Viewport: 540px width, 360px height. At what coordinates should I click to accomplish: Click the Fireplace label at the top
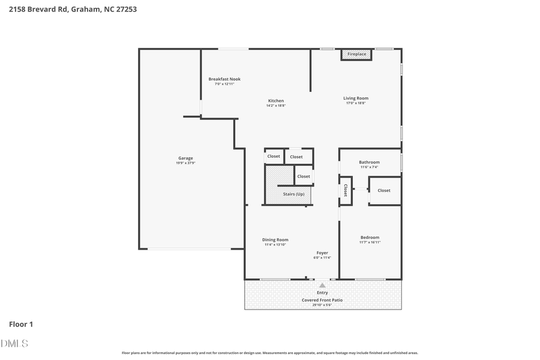(x=356, y=55)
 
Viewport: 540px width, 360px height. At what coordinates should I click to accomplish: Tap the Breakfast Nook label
(x=224, y=79)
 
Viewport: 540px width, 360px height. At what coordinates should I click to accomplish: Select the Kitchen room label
(x=276, y=101)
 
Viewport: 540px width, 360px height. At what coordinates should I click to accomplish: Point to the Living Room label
(x=356, y=98)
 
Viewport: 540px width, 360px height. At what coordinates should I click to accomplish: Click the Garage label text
(x=185, y=158)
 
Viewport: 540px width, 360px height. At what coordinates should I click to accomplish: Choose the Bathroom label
(x=369, y=162)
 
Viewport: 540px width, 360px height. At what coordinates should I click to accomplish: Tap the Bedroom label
(x=370, y=238)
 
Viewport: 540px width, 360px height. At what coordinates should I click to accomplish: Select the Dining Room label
(x=275, y=240)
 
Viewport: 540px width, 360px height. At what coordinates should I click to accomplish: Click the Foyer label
(x=322, y=253)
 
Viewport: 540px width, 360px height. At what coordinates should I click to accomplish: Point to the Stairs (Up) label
(x=293, y=194)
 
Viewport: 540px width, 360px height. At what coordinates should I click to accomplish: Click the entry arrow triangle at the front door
(x=322, y=286)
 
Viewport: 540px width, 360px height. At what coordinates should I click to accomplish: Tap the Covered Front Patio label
(x=322, y=299)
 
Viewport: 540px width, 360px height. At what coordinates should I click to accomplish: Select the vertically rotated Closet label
(x=346, y=190)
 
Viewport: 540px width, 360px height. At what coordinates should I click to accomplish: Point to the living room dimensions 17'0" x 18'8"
(x=356, y=103)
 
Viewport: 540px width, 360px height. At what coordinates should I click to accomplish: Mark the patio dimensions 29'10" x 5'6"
(x=322, y=305)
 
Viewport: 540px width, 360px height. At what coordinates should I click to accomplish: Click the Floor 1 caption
(x=21, y=325)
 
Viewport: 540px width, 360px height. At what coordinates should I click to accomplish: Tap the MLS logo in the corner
(x=14, y=343)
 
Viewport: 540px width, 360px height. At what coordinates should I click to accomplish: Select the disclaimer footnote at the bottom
(x=270, y=353)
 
